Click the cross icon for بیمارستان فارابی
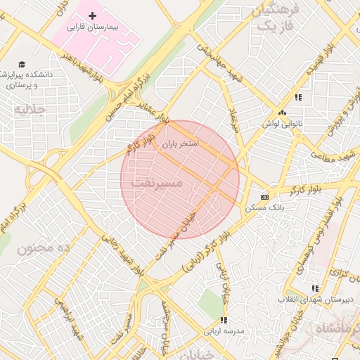[92, 15]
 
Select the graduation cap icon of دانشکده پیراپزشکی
[22, 65]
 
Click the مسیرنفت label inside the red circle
[156, 183]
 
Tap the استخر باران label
[181, 143]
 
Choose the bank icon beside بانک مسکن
[264, 197]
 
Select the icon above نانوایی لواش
[282, 112]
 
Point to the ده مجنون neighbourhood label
[45, 248]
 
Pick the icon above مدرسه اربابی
[224, 320]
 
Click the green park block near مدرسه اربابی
[210, 302]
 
